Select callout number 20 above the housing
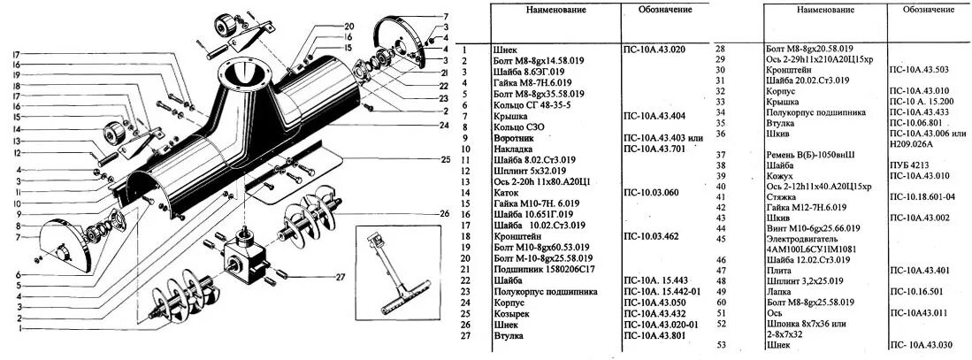(349, 26)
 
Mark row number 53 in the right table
(721, 345)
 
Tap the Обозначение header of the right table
(929, 9)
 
